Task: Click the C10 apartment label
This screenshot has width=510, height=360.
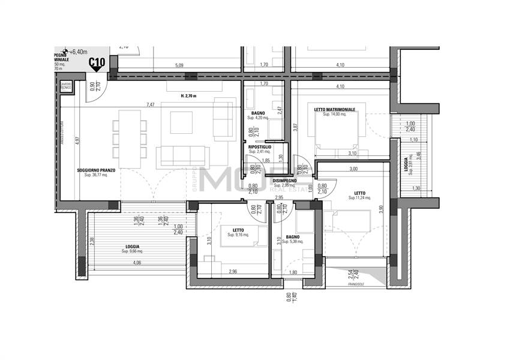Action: pos(97,61)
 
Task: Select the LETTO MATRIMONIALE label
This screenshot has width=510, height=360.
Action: pos(335,109)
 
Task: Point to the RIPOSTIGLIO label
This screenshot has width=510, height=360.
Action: pos(260,146)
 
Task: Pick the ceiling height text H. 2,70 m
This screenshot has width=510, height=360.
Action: pos(188,96)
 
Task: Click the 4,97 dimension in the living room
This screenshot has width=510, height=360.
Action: pos(77,140)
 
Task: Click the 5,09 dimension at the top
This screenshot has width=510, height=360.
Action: pos(179,65)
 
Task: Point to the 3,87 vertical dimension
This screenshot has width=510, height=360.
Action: pos(295,127)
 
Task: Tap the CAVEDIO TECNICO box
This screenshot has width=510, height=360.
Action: pos(65,86)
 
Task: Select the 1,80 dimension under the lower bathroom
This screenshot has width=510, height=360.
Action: pos(293,273)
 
